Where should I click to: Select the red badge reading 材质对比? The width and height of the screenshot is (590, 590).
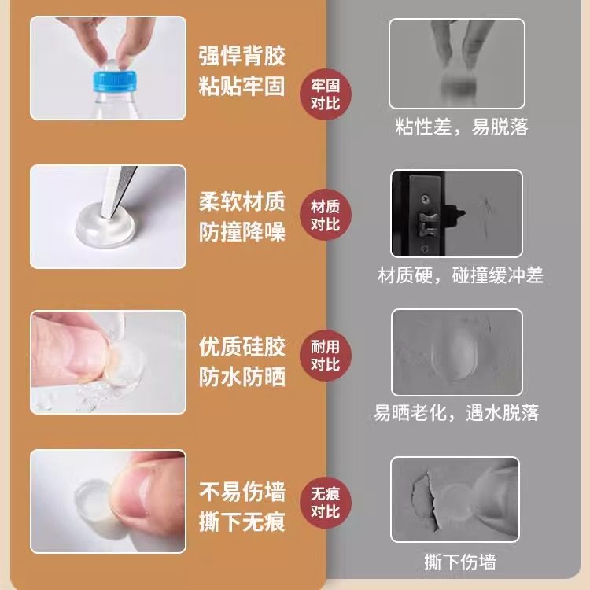click(x=326, y=216)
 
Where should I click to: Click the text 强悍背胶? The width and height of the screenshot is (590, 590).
click(x=242, y=57)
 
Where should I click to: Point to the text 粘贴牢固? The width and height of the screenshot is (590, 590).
click(x=242, y=86)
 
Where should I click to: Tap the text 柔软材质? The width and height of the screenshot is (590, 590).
click(x=242, y=203)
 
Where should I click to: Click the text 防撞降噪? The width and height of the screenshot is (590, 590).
click(x=242, y=232)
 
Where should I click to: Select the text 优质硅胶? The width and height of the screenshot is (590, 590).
click(x=242, y=347)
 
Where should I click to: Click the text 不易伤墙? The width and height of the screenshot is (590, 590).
click(x=242, y=492)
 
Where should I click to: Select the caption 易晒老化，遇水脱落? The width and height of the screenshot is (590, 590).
click(x=456, y=412)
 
